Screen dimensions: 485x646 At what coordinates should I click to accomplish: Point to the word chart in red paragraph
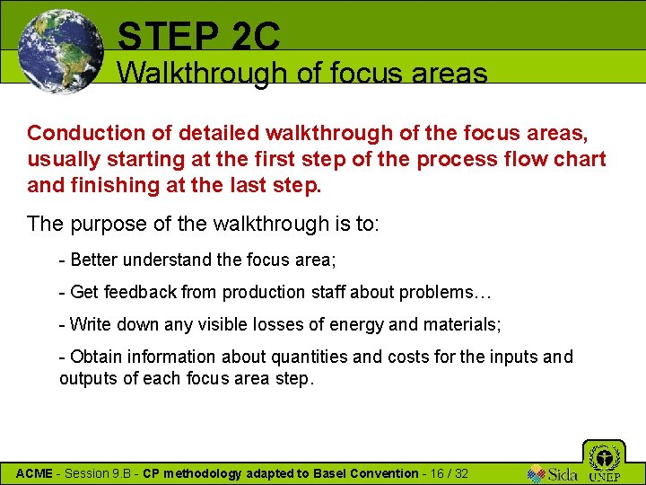coord(580,160)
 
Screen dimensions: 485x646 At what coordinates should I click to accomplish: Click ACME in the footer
coord(34,473)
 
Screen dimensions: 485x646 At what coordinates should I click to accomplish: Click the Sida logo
coord(553,473)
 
